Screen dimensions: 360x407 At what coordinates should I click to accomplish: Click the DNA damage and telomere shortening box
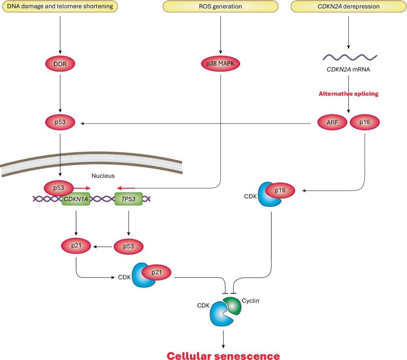tap(60, 6)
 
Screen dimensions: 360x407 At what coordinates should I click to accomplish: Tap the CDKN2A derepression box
tap(349, 6)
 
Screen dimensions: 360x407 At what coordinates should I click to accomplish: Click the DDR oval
tap(60, 64)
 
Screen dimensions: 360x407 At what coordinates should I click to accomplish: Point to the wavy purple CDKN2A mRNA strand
tap(349, 57)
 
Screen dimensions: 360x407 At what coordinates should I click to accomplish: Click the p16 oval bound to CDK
tap(280, 191)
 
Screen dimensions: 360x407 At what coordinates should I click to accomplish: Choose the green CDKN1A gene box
tap(76, 199)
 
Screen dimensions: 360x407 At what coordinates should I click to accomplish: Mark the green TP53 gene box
tap(128, 199)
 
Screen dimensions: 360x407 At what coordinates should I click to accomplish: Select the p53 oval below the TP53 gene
tap(128, 246)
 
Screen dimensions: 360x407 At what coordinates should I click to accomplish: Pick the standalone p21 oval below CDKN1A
tap(76, 246)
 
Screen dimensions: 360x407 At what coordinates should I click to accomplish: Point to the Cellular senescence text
tap(223, 354)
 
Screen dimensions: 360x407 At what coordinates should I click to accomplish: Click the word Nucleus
tap(103, 175)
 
